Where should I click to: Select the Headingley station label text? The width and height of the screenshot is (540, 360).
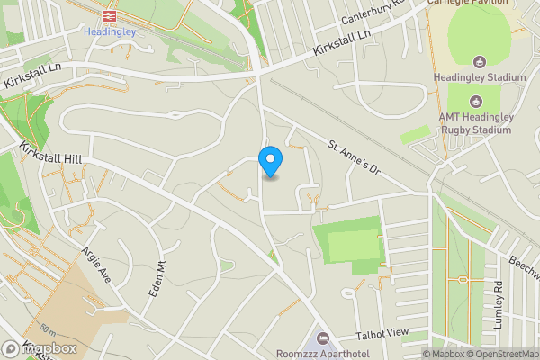click(108, 31)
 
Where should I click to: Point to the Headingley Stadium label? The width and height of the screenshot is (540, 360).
click(479, 78)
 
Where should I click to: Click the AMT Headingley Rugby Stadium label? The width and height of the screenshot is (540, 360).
click(481, 123)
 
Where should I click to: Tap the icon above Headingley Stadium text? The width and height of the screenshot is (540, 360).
click(479, 61)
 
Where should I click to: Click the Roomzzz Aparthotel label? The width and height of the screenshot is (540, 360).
click(320, 354)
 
